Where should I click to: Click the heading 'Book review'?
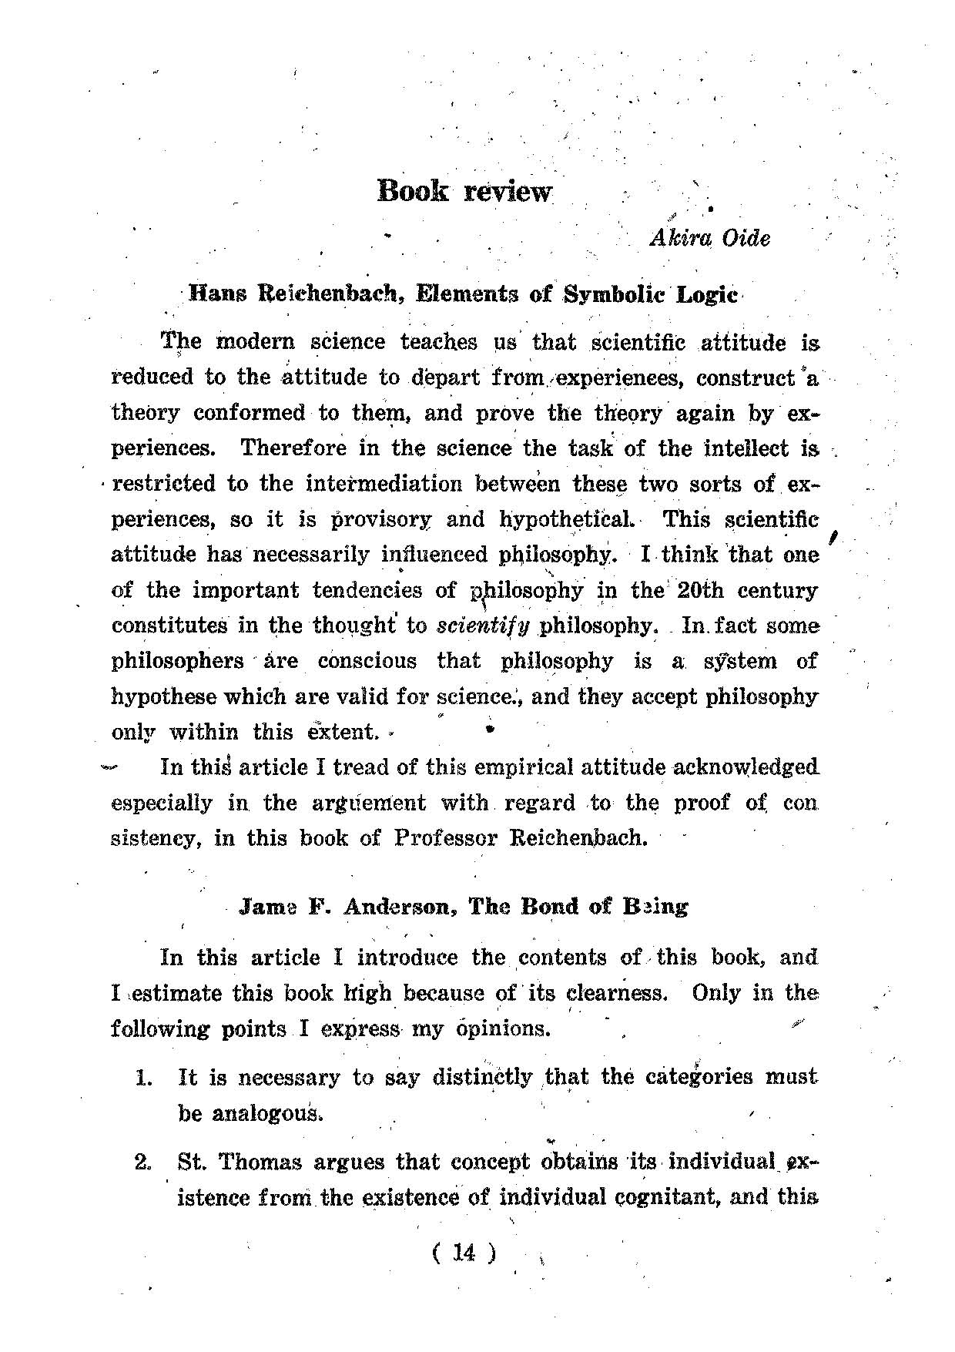tap(464, 190)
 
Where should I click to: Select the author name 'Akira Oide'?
tap(709, 238)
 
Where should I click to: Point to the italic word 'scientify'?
tap(483, 626)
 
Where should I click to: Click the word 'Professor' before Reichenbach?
tap(446, 837)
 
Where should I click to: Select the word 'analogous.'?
tap(248, 1113)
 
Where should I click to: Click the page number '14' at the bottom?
tap(464, 1253)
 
